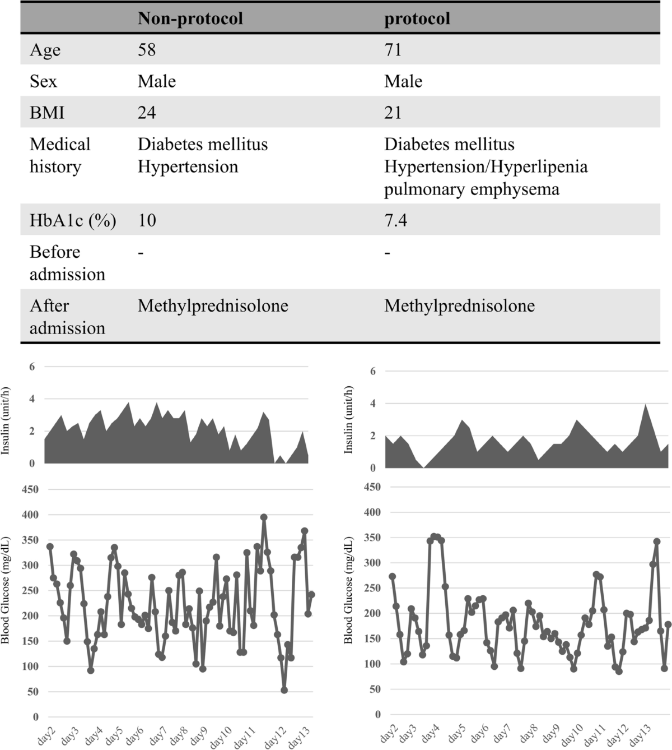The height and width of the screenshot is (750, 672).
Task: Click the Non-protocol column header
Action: click(190, 18)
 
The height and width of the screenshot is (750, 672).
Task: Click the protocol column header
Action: click(417, 18)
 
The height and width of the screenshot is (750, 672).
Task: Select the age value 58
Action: click(147, 50)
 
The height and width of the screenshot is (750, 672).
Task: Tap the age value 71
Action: click(393, 50)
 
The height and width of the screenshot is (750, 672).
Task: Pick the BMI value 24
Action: click(147, 113)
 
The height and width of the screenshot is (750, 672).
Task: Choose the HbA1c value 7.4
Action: click(395, 220)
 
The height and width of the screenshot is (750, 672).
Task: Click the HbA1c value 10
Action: click(147, 220)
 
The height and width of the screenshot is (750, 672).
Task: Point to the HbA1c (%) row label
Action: click(73, 220)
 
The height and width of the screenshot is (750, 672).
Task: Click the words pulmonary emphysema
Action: click(472, 189)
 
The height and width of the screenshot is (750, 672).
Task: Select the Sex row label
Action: click(43, 81)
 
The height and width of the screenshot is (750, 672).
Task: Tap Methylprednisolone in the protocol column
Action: click(459, 305)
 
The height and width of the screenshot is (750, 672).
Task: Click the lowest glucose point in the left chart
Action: click(284, 690)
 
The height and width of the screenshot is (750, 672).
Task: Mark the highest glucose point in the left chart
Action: click(264, 517)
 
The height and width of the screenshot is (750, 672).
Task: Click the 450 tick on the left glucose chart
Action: click(30, 489)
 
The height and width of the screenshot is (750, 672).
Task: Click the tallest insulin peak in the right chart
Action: click(646, 404)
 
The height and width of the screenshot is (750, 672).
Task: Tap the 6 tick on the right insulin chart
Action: click(372, 371)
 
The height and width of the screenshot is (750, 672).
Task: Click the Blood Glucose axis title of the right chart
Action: click(348, 590)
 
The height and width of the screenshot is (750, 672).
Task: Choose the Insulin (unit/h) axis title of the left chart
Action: click(6, 420)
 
